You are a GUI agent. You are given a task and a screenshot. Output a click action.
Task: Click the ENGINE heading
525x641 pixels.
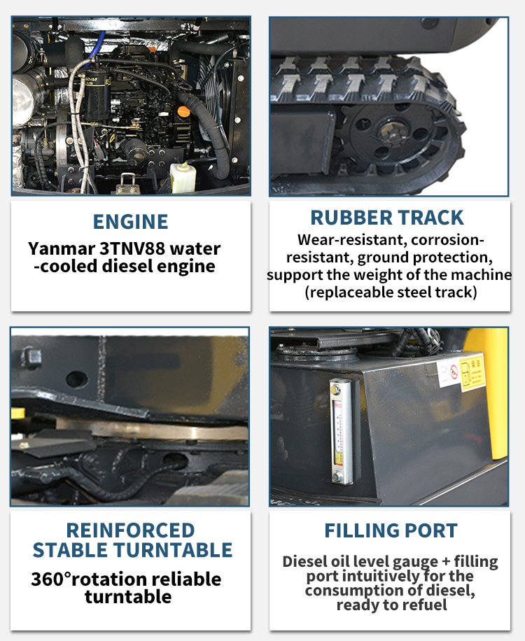[x=130, y=222]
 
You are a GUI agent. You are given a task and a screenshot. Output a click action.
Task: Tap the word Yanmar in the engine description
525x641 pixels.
[x=62, y=248]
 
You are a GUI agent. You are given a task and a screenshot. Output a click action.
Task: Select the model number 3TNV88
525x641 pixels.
[x=132, y=248]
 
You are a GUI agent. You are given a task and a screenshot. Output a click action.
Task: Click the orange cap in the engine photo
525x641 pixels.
[x=184, y=111]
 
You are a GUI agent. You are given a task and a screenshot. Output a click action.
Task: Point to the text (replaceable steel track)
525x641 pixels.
[x=391, y=293]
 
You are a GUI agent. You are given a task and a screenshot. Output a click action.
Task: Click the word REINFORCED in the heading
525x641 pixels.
[x=130, y=530]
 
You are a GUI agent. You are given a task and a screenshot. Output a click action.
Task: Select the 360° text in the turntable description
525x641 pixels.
[x=51, y=579]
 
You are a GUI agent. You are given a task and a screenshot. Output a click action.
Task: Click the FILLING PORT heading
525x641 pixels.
[x=391, y=530]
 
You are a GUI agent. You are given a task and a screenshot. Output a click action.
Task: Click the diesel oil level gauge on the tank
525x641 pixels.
[x=342, y=431]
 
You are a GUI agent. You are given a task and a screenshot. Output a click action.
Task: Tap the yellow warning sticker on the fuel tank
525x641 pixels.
[x=472, y=372]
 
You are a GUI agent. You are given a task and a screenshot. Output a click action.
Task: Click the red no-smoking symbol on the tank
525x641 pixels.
[x=454, y=372]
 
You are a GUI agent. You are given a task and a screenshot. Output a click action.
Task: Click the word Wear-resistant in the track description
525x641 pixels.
[x=352, y=239]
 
